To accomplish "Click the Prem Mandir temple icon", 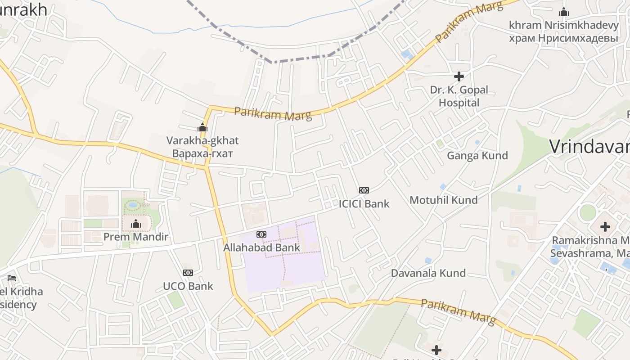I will (136, 224).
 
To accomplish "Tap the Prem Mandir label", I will (136, 237).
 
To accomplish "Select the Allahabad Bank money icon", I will (261, 234).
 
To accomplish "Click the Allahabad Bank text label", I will (261, 247).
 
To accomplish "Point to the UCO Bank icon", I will (188, 273).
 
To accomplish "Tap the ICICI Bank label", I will (364, 203).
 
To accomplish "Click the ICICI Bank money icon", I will (364, 190).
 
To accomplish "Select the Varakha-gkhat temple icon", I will (202, 128).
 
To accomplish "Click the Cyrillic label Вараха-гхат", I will (202, 153).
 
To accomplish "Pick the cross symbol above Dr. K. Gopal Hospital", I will (459, 76).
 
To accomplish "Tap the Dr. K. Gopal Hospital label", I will (459, 96).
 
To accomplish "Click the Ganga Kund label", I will (477, 156).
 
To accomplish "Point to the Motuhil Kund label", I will (443, 200).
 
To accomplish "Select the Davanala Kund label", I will (428, 273).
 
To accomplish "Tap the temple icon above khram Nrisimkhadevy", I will (563, 12).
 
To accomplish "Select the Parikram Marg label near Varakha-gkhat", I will (273, 114).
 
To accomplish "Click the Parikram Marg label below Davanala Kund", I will (458, 311).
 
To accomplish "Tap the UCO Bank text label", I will (188, 286).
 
